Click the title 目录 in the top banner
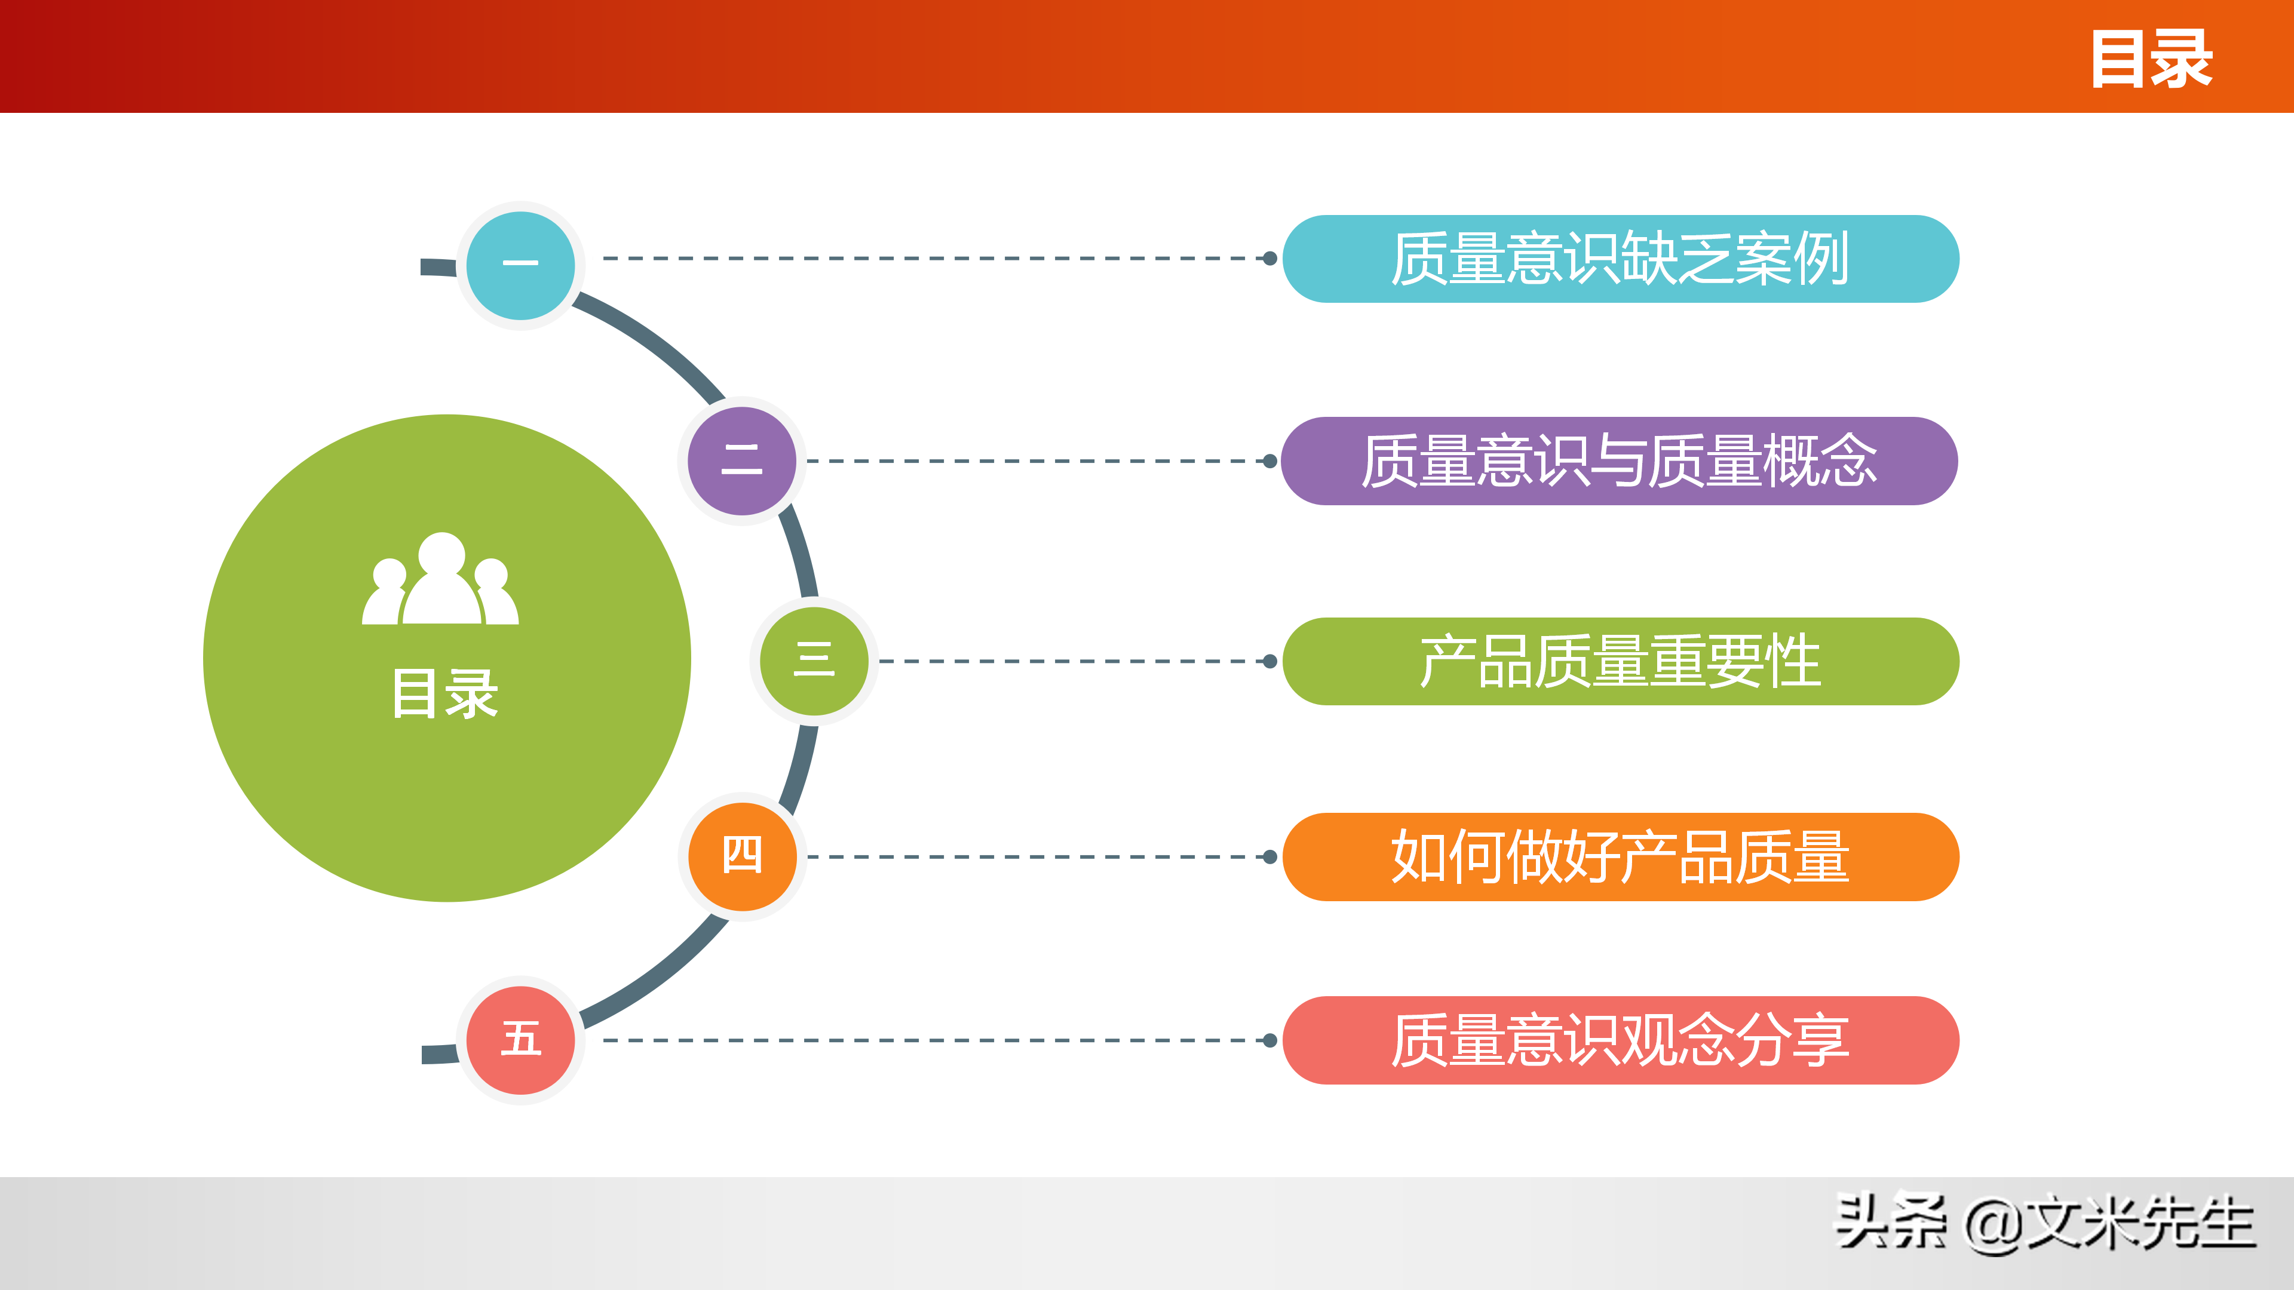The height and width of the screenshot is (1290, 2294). point(2151,59)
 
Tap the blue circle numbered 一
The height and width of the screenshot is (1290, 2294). point(521,265)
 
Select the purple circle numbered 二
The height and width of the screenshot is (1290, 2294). point(742,460)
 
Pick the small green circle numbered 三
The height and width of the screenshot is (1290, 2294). point(814,661)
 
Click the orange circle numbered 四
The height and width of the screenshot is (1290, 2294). point(742,856)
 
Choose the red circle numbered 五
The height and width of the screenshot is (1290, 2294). point(521,1039)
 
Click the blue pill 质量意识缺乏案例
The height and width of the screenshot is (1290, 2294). point(1620,258)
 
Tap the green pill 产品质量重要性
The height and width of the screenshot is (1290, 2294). point(1620,661)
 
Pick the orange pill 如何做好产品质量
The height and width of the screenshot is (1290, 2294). point(1620,856)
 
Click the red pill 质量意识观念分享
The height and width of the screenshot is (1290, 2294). point(1620,1039)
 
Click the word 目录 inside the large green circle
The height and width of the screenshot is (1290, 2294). point(444,693)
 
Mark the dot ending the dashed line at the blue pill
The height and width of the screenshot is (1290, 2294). point(1270,258)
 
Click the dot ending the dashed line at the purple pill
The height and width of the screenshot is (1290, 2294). point(1270,461)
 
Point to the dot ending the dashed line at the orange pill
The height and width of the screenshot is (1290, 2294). point(1270,856)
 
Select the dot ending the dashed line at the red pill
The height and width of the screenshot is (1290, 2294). point(1270,1040)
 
